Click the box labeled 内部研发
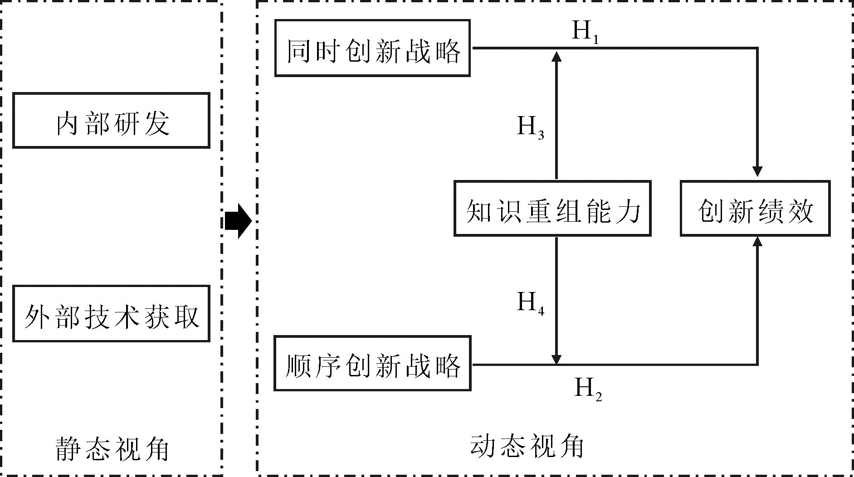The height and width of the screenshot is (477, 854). (x=111, y=121)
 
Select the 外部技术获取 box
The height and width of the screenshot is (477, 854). (x=111, y=314)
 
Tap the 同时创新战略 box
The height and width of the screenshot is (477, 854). (x=372, y=48)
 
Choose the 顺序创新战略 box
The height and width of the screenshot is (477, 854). (x=372, y=364)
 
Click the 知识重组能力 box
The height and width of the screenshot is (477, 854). (x=552, y=209)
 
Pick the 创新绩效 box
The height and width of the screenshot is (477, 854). (x=755, y=209)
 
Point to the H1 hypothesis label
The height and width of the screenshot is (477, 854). (x=586, y=32)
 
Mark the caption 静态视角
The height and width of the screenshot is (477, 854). (x=112, y=449)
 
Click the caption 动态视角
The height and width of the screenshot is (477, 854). (x=527, y=447)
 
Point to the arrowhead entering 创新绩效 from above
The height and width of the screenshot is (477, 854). (x=757, y=172)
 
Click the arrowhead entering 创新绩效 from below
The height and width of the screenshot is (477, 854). (x=757, y=242)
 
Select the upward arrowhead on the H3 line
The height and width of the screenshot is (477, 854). (x=556, y=56)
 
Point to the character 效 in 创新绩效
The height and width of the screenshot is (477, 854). (x=801, y=211)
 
